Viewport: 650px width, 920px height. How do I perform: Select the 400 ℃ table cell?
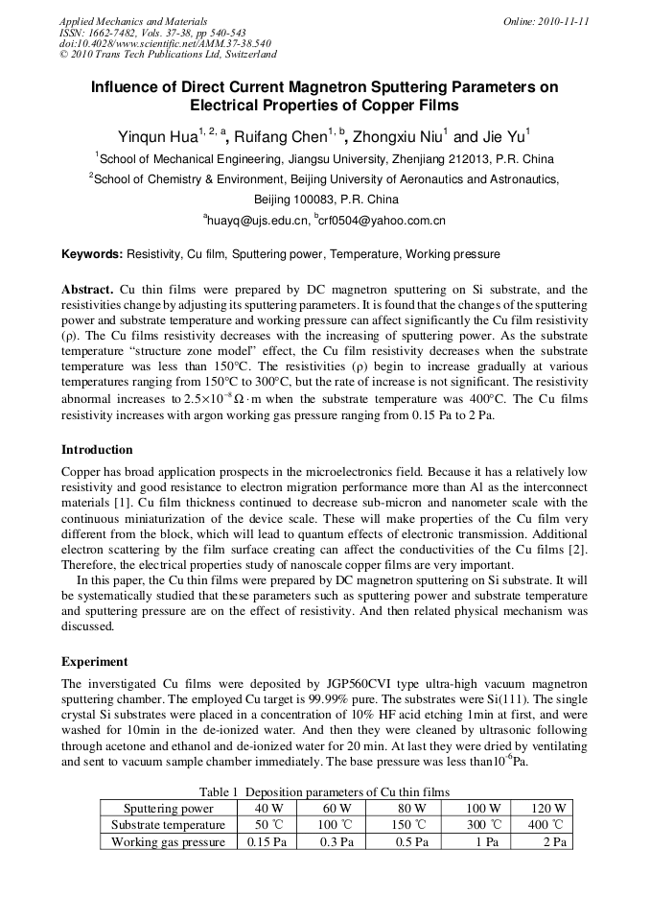pos(548,825)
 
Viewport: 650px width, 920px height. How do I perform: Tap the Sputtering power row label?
pos(168,809)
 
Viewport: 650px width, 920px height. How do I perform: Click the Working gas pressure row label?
pos(168,841)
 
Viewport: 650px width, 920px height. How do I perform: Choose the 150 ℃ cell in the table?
pos(415,825)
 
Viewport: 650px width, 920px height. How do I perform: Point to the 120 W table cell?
pos(548,809)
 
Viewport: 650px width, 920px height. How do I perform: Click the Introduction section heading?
pos(97,449)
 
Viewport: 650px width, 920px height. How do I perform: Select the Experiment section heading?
pos(94,661)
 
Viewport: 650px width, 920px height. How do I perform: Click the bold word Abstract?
pos(87,289)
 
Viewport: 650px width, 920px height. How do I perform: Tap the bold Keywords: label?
pos(92,254)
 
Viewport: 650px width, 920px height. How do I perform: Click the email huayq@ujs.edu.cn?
pos(259,221)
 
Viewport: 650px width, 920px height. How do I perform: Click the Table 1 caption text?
pos(324,792)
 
